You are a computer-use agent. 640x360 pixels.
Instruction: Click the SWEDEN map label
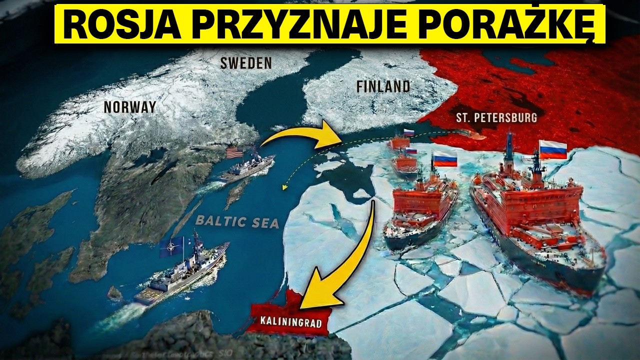point(246,63)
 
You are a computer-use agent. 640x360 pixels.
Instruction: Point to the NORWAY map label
point(129,106)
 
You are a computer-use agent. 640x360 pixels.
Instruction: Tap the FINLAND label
point(383,86)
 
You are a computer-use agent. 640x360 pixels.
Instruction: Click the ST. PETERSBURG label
point(496,118)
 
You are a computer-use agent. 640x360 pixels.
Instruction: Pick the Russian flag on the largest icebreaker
point(552,149)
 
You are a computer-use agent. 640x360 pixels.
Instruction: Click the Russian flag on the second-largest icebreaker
point(444,158)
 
